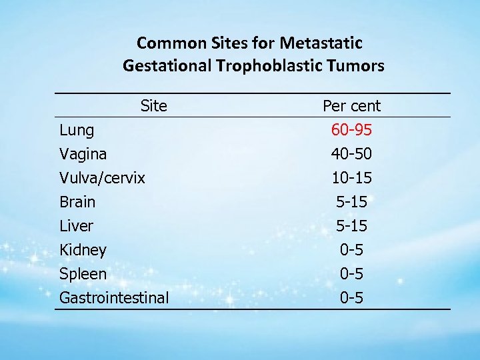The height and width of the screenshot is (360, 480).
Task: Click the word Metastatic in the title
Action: point(321,43)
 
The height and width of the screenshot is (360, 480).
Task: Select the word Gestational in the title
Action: point(167,66)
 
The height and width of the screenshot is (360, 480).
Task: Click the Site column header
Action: point(154,105)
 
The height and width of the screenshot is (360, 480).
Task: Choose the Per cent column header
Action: point(351,105)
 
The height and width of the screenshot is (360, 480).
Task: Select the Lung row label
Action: point(77,130)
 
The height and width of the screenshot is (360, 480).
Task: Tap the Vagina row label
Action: point(83,154)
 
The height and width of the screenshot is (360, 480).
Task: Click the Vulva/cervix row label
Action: point(102,178)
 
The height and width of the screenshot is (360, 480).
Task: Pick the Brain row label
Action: point(77,202)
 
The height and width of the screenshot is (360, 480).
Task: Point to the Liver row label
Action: point(76,226)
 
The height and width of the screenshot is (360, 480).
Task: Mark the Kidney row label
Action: point(83,250)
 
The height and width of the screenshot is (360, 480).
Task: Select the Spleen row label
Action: point(83,274)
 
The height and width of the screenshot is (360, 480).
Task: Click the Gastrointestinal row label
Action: point(114,298)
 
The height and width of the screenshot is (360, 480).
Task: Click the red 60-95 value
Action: point(351,130)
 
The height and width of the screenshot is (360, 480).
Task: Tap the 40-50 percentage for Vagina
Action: point(351,154)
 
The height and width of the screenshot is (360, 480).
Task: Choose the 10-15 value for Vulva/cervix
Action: point(351,178)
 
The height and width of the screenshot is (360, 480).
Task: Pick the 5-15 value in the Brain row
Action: point(351,202)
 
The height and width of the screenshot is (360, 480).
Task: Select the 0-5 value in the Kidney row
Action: point(351,250)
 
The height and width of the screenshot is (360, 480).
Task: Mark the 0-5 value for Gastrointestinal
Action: point(351,298)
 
